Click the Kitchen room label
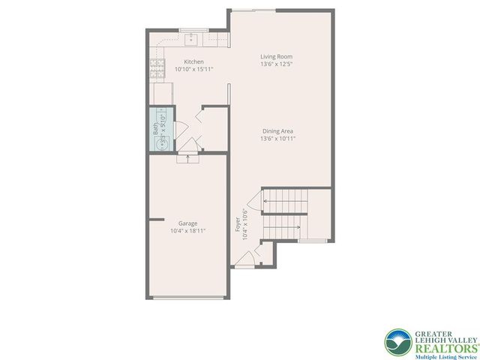194,61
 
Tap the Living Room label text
276,56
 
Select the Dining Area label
276,130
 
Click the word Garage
187,223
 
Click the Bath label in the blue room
156,130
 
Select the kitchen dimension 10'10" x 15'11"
194,69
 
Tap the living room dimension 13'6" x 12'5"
276,64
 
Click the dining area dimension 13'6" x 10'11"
276,138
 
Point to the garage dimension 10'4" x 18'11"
187,231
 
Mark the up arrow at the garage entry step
187,158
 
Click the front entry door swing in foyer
244,259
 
